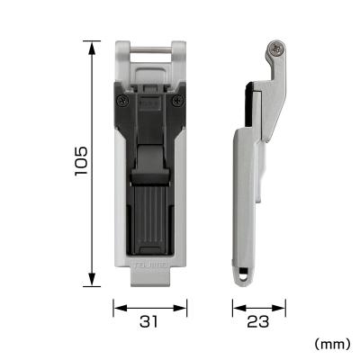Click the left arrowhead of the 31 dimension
click(x=116, y=309)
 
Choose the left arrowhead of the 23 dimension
click(x=236, y=309)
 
